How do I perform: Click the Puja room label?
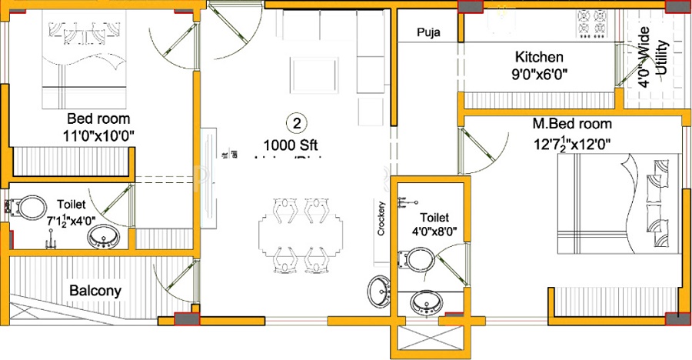[428, 32]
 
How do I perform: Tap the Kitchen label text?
[539, 57]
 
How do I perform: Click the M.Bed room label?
[572, 123]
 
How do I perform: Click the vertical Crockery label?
[381, 220]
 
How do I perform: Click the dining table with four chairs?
[293, 235]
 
